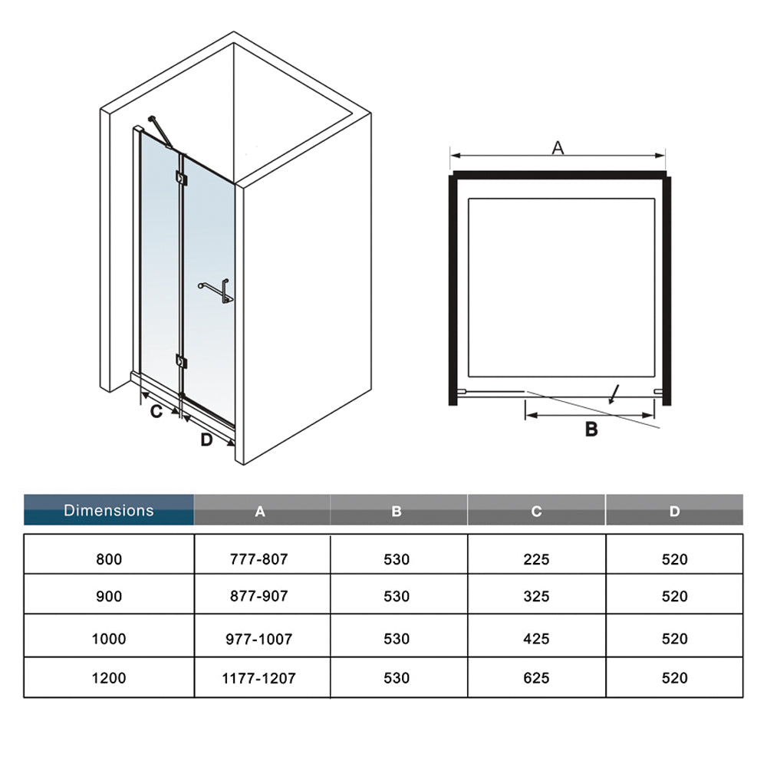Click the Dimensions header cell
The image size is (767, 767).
[x=109, y=510]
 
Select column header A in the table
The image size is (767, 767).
[x=260, y=511]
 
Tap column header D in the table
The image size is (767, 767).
[x=674, y=511]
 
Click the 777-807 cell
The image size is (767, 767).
[x=259, y=558]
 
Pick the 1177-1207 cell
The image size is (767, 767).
[x=259, y=678]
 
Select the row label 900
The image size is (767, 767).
[x=109, y=596]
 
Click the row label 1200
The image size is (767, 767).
[x=109, y=678]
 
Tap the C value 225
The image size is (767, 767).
[x=536, y=559]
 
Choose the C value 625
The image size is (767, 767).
[x=536, y=678]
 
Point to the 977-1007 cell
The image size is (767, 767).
[x=259, y=639]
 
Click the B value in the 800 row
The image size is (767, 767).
[x=397, y=559]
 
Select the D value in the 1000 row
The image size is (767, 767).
[x=674, y=638]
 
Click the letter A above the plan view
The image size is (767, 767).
[x=558, y=147]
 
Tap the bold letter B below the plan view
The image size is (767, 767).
[x=591, y=430]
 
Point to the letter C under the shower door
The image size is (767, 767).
[x=156, y=412]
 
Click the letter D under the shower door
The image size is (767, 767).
[x=207, y=439]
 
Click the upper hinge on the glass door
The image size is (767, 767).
[x=181, y=178]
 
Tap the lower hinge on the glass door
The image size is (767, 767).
[x=181, y=361]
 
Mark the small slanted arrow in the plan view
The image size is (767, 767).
[x=614, y=395]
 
